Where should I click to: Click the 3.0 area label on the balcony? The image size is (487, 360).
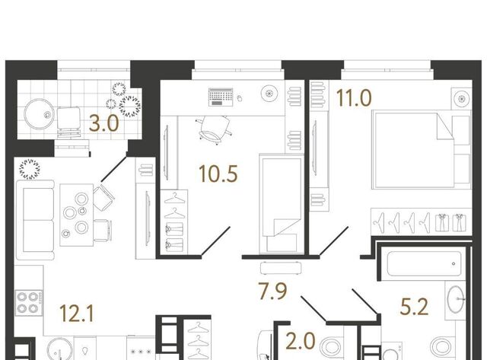coord(103,123)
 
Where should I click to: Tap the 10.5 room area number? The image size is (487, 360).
coord(218,174)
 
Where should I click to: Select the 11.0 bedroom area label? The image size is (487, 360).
coord(354,98)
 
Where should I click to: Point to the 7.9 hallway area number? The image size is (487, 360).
coord(272,291)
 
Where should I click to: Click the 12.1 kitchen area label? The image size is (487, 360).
coord(76,313)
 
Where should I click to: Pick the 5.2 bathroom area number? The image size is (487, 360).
coord(414,306)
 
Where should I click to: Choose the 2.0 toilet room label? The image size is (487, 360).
coord(301,341)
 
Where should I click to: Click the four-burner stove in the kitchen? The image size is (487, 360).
coord(28,303)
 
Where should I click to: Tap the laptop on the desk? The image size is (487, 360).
coord(221,97)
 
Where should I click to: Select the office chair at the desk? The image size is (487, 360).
coord(215,130)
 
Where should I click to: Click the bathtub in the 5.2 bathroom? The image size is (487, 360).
coord(424,263)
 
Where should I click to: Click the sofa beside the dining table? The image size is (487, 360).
coord(35,220)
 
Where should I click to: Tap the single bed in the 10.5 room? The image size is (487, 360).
coord(282,203)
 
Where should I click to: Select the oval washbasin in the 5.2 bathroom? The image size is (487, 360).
coord(456,299)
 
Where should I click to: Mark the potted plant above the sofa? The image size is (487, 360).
coord(30,169)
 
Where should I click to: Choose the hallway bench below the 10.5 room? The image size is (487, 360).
coord(281,268)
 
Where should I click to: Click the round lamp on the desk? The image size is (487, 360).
coord(269,93)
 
